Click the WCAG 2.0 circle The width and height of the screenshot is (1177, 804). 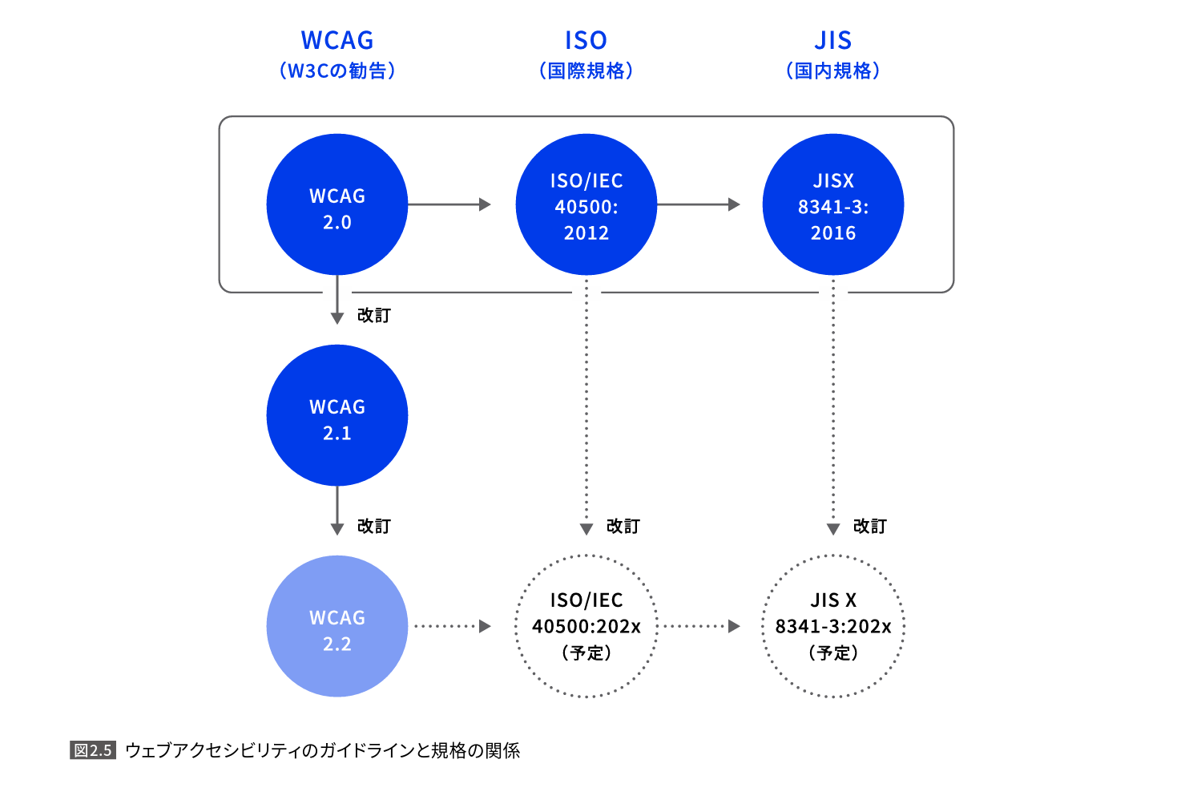click(337, 204)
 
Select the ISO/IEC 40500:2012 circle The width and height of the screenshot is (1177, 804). click(586, 204)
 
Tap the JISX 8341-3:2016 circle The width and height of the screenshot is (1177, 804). click(832, 204)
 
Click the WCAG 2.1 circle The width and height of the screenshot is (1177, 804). click(337, 415)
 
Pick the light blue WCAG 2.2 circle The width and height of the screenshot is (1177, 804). click(337, 626)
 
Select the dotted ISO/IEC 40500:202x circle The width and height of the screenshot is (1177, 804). click(586, 626)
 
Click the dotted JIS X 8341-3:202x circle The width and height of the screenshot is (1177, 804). click(832, 626)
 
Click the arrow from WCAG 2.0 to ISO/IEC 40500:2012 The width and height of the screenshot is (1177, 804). click(449, 204)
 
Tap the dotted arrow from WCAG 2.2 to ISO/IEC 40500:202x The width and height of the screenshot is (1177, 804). click(452, 626)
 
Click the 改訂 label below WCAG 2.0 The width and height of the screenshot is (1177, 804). click(373, 315)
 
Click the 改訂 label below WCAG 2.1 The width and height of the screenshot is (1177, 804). click(373, 526)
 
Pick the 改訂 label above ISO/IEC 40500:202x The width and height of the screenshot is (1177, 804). click(623, 526)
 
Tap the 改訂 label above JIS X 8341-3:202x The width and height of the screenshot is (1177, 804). click(869, 526)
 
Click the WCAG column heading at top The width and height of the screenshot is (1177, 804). click(337, 40)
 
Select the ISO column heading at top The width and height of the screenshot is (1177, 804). click(586, 40)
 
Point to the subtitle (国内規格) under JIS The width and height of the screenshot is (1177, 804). click(832, 71)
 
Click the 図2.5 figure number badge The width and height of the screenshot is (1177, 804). click(93, 750)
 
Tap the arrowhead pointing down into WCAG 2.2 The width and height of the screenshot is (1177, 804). click(337, 529)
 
